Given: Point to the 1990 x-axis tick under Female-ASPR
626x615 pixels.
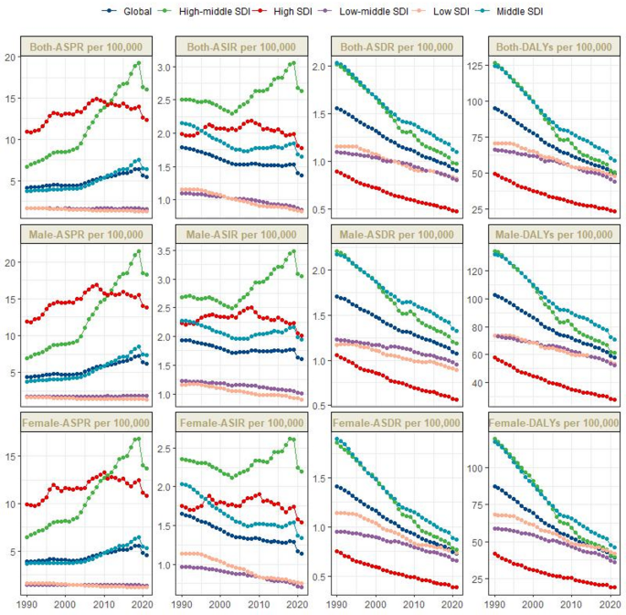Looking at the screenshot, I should click(x=27, y=604).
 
